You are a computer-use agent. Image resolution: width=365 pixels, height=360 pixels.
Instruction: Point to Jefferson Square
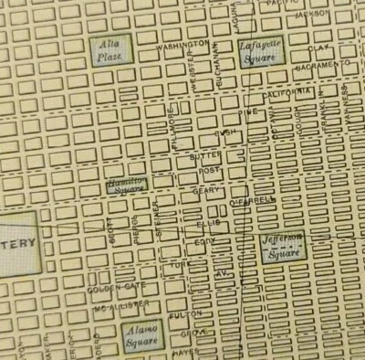281,245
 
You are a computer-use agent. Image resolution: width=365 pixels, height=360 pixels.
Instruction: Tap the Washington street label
182,44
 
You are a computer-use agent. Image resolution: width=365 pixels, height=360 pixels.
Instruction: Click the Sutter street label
205,156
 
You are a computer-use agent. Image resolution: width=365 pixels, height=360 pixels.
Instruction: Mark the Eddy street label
205,242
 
